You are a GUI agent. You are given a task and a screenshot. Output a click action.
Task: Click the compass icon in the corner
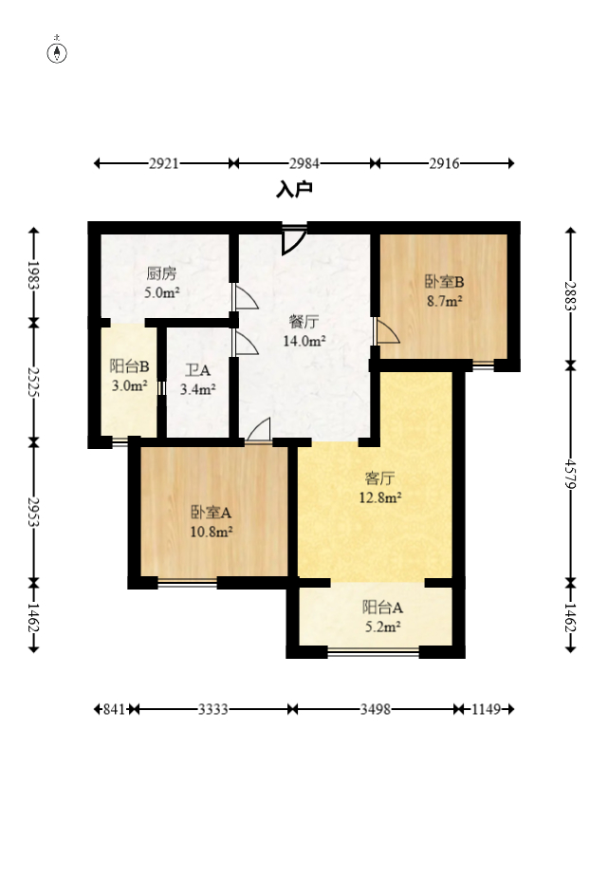pyautogui.click(x=57, y=50)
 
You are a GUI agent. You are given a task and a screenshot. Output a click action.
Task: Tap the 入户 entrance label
pyautogui.click(x=294, y=189)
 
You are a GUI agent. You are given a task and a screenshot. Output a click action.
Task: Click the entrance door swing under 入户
pyautogui.click(x=293, y=240)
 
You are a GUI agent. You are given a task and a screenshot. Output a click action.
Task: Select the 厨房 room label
pyautogui.click(x=161, y=273)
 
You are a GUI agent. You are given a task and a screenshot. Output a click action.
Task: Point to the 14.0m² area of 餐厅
pyautogui.click(x=304, y=341)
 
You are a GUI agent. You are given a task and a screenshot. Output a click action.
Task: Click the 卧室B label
pyautogui.click(x=444, y=281)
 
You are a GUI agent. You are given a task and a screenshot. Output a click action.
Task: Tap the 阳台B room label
pyautogui.click(x=130, y=366)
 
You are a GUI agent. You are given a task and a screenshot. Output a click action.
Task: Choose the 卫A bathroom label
pyautogui.click(x=198, y=370)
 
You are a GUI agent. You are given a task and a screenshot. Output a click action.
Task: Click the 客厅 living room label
pyautogui.click(x=379, y=478)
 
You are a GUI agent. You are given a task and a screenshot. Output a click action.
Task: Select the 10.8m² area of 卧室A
pyautogui.click(x=212, y=532)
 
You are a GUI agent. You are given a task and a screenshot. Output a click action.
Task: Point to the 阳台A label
pyautogui.click(x=382, y=608)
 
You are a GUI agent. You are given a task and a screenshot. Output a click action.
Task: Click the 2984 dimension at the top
pyautogui.click(x=304, y=163)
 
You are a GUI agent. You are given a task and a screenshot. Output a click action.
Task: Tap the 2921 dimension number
pyautogui.click(x=164, y=163)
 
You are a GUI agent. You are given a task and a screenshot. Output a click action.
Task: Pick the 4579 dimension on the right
pyautogui.click(x=570, y=475)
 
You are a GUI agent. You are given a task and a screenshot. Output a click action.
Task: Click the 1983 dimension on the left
pyautogui.click(x=33, y=275)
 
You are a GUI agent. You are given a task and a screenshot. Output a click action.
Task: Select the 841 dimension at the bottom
pyautogui.click(x=114, y=709)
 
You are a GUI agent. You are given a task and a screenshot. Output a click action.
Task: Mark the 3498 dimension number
pyautogui.click(x=376, y=709)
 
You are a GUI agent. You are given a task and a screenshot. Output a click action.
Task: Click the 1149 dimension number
pyautogui.click(x=486, y=709)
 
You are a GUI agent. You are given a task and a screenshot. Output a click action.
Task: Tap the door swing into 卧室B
pyautogui.click(x=387, y=331)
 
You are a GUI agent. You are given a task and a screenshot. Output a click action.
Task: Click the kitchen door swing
pyautogui.click(x=246, y=297)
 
